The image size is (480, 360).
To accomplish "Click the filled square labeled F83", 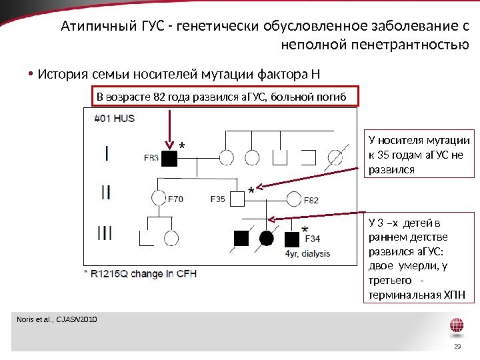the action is [x=171, y=159].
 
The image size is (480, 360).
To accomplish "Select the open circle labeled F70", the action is [x=158, y=198].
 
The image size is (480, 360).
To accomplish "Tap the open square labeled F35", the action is [x=237, y=198].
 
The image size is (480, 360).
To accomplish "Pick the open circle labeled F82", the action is [x=295, y=198].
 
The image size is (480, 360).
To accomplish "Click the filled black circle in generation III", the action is [x=267, y=238].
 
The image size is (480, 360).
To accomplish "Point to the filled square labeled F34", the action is [x=291, y=238].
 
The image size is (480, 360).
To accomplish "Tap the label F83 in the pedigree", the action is [x=151, y=159].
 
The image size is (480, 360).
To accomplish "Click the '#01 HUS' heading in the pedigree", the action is [x=114, y=119].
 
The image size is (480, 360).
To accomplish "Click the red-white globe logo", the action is [x=457, y=327].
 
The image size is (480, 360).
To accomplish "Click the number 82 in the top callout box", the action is [x=158, y=98].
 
